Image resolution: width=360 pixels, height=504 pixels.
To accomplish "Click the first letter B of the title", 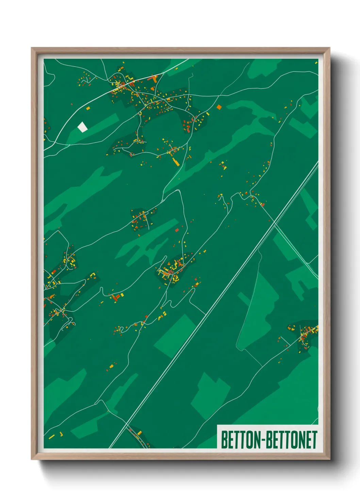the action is click(x=224, y=440).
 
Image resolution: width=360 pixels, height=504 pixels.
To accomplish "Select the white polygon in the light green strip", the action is click(x=82, y=127).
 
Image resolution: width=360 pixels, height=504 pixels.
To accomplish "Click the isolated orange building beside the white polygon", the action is click(x=88, y=108).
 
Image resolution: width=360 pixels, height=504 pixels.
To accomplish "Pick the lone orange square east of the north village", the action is click(x=219, y=107).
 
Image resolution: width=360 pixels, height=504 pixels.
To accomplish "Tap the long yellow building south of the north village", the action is click(x=176, y=161).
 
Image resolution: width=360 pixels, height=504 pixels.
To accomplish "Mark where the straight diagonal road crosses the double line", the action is click(x=275, y=222).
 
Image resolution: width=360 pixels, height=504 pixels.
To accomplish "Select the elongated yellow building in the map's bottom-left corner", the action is click(x=51, y=436).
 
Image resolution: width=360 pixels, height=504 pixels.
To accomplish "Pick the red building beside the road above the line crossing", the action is click(x=262, y=204).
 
